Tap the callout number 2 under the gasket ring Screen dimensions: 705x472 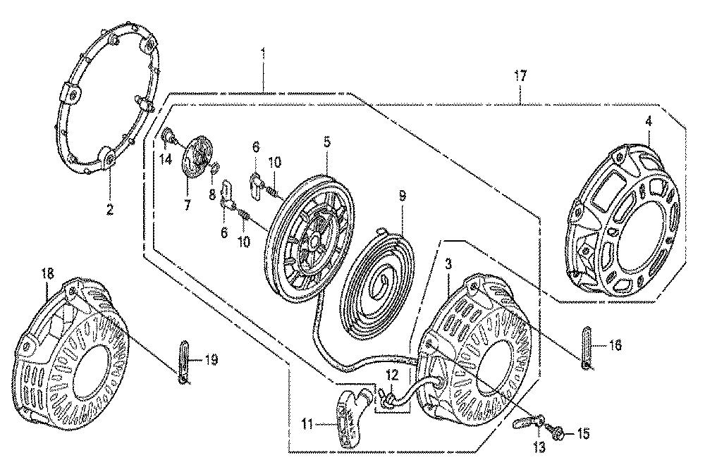pyautogui.click(x=110, y=209)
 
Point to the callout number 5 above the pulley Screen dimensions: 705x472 pyautogui.click(x=327, y=142)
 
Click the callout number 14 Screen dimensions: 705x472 pyautogui.click(x=166, y=159)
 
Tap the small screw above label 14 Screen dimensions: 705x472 pyautogui.click(x=166, y=135)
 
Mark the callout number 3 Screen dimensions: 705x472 pyautogui.click(x=448, y=264)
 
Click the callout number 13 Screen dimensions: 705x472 pyautogui.click(x=539, y=447)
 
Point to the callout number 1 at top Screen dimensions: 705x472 pyautogui.click(x=264, y=53)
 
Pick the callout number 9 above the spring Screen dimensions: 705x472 pyautogui.click(x=402, y=196)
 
